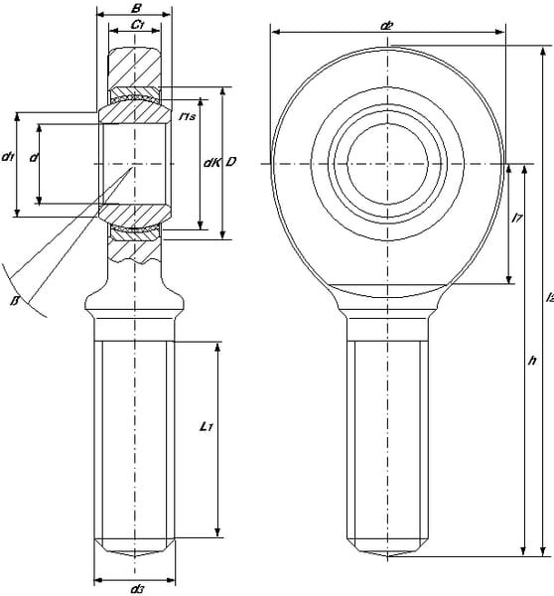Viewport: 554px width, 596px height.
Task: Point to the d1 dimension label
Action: coord(8,157)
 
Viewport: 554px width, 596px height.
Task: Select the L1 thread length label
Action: coord(205,427)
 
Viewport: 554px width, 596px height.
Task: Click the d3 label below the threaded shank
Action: coord(136,589)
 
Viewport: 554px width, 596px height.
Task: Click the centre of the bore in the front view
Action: coord(387,162)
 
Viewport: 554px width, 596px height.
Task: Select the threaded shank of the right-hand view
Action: coord(387,437)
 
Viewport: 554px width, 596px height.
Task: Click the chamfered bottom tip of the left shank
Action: coord(136,548)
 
